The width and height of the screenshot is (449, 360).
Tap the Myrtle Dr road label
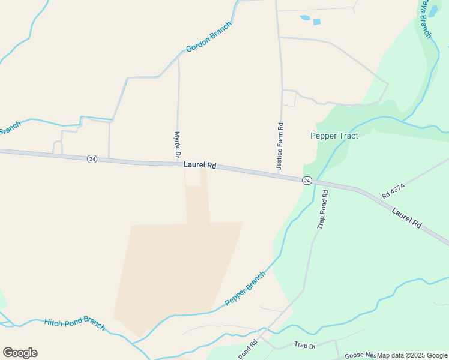[x=177, y=146]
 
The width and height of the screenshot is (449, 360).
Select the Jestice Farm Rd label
[x=280, y=146]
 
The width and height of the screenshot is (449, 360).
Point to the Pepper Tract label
[x=334, y=136]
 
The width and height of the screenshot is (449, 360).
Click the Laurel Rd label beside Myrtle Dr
[x=200, y=164]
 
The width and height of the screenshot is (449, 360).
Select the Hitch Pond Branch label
[x=74, y=324]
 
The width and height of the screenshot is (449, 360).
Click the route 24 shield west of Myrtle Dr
[x=91, y=158]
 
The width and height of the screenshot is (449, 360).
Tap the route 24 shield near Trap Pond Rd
[x=307, y=181]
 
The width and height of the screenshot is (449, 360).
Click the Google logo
[x=20, y=353]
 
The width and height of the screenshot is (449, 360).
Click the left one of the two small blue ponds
[x=304, y=18]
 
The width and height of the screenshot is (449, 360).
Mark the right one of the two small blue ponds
[x=316, y=22]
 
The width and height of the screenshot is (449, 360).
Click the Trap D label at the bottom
[x=304, y=346]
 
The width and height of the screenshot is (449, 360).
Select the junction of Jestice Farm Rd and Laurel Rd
[x=280, y=175]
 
